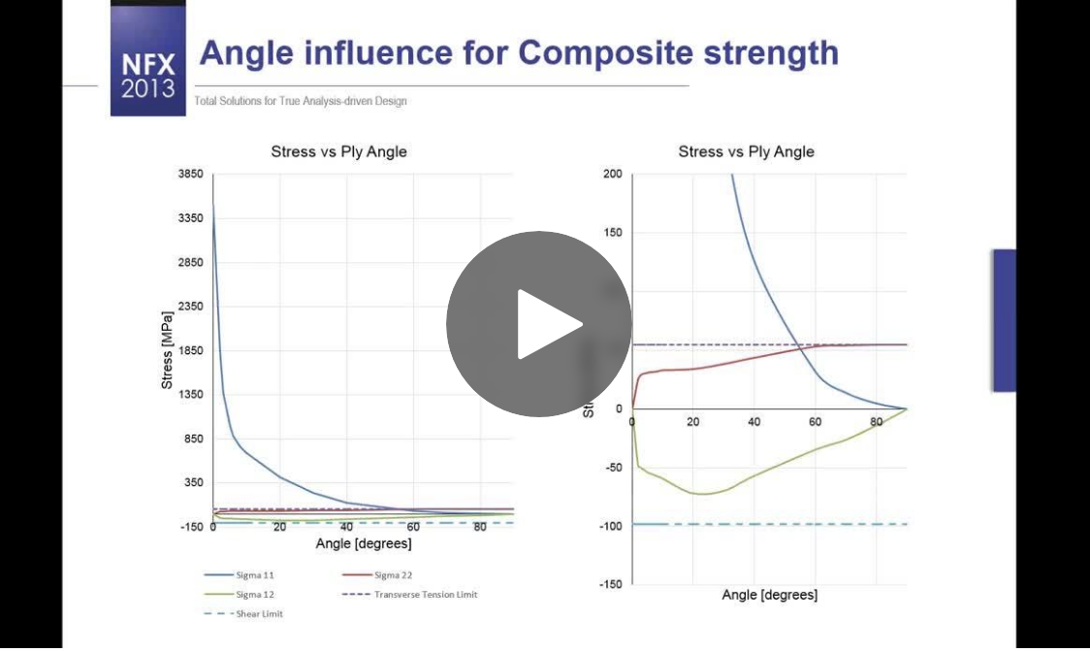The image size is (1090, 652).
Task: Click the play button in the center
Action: (539, 324)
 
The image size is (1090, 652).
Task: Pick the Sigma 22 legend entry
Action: (394, 575)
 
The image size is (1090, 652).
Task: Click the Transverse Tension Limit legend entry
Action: (426, 594)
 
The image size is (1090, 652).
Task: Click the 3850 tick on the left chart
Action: (190, 174)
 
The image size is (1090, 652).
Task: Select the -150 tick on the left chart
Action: (191, 527)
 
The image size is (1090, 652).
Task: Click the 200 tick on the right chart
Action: (612, 175)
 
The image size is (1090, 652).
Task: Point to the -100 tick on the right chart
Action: (610, 525)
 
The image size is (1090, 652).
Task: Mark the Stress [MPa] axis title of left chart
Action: (168, 350)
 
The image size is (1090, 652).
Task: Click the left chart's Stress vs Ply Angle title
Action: (338, 151)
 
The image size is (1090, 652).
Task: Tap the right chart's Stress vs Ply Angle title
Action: (746, 151)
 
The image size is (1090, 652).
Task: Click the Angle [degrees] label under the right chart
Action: (770, 594)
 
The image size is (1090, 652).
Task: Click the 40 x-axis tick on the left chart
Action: (346, 527)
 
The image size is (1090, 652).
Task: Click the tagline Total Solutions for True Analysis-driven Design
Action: (301, 102)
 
